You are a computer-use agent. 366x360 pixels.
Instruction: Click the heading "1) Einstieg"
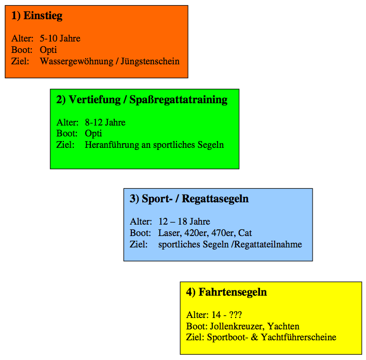37,16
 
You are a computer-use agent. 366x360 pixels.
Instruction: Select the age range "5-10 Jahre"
60,38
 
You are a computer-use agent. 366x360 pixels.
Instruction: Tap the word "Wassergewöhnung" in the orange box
76,62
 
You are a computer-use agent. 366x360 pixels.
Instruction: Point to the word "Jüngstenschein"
150,62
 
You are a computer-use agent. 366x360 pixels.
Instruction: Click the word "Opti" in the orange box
48,50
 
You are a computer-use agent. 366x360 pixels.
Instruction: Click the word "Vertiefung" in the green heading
95,100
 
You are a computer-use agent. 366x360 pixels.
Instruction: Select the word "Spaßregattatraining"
179,100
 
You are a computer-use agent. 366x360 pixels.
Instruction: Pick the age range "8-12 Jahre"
105,122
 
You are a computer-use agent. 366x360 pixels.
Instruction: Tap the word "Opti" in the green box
93,134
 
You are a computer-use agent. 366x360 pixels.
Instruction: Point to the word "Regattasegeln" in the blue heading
215,199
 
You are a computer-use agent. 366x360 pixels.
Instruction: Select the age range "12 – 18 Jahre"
184,221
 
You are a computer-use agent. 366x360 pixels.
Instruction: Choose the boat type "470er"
223,233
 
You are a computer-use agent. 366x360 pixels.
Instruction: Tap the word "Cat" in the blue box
245,233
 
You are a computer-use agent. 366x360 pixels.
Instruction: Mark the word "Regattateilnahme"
268,244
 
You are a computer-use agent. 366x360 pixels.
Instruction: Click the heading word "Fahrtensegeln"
233,292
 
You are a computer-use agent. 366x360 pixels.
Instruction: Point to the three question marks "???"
236,315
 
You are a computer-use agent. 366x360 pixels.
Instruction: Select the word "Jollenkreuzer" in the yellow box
237,326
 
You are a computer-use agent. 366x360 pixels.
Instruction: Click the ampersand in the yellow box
255,337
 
